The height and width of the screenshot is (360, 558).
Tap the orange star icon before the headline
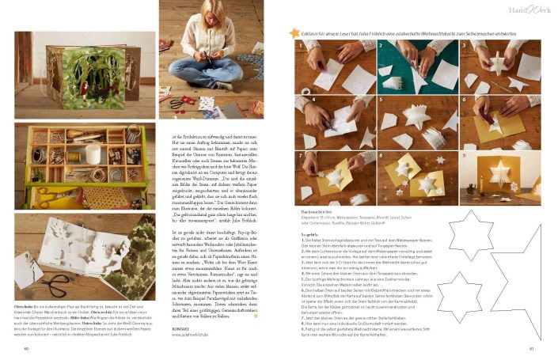pos(294,33)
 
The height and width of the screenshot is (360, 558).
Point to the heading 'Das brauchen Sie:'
pos(318,211)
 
